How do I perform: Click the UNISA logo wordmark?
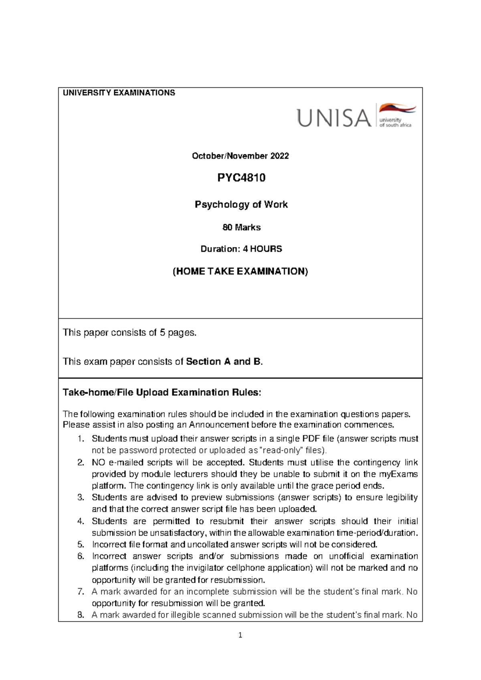(x=334, y=118)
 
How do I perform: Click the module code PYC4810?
(x=241, y=178)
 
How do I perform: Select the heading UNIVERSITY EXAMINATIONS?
(x=119, y=93)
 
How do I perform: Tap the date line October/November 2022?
(x=240, y=156)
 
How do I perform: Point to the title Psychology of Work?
(x=241, y=204)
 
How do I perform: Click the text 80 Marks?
(x=241, y=227)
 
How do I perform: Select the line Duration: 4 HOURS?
(x=241, y=249)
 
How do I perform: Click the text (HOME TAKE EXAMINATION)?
(x=240, y=271)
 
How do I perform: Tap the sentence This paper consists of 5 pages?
(x=130, y=332)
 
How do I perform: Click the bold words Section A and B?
(x=224, y=362)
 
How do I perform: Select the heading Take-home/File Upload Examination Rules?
(x=162, y=393)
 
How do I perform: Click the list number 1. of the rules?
(x=81, y=439)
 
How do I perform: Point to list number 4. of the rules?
(x=81, y=521)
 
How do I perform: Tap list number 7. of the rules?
(x=81, y=591)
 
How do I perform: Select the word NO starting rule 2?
(x=98, y=462)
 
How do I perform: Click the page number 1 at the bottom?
(x=240, y=635)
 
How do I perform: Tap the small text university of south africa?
(x=395, y=122)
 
